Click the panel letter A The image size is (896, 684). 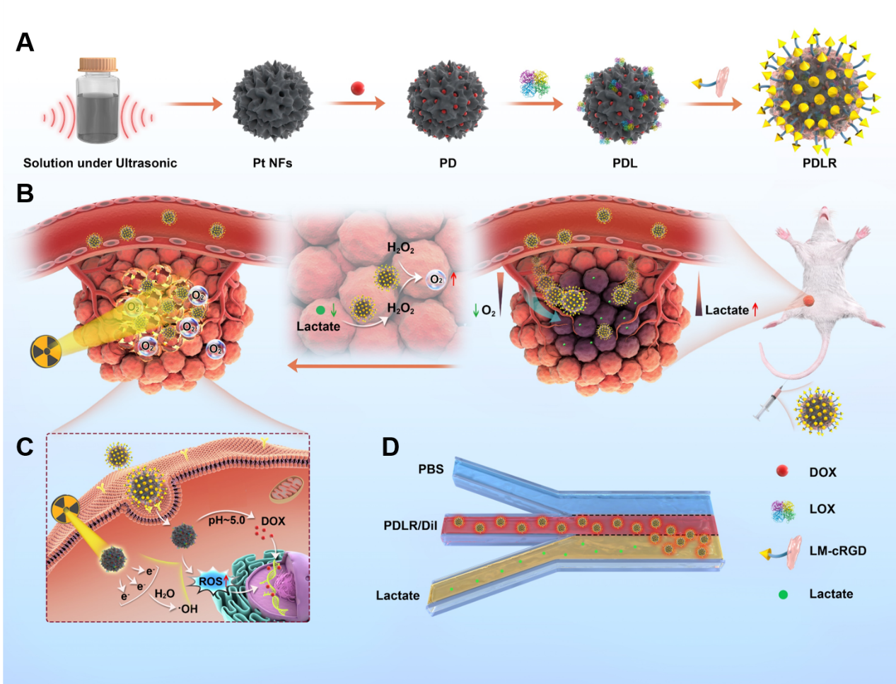[x=25, y=42]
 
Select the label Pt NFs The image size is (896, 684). [x=272, y=163]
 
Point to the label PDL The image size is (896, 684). [x=624, y=163]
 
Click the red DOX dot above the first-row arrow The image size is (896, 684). [x=358, y=88]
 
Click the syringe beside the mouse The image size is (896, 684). [x=768, y=403]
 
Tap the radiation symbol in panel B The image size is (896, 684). [x=46, y=352]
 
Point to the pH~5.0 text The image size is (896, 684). [x=226, y=521]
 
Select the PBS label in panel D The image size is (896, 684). [x=431, y=469]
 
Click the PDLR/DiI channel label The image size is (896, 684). [x=410, y=526]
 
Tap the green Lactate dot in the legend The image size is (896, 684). [x=783, y=594]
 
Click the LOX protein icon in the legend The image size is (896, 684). [x=783, y=509]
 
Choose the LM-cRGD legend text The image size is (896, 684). [x=837, y=551]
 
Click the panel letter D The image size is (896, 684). [x=390, y=447]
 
